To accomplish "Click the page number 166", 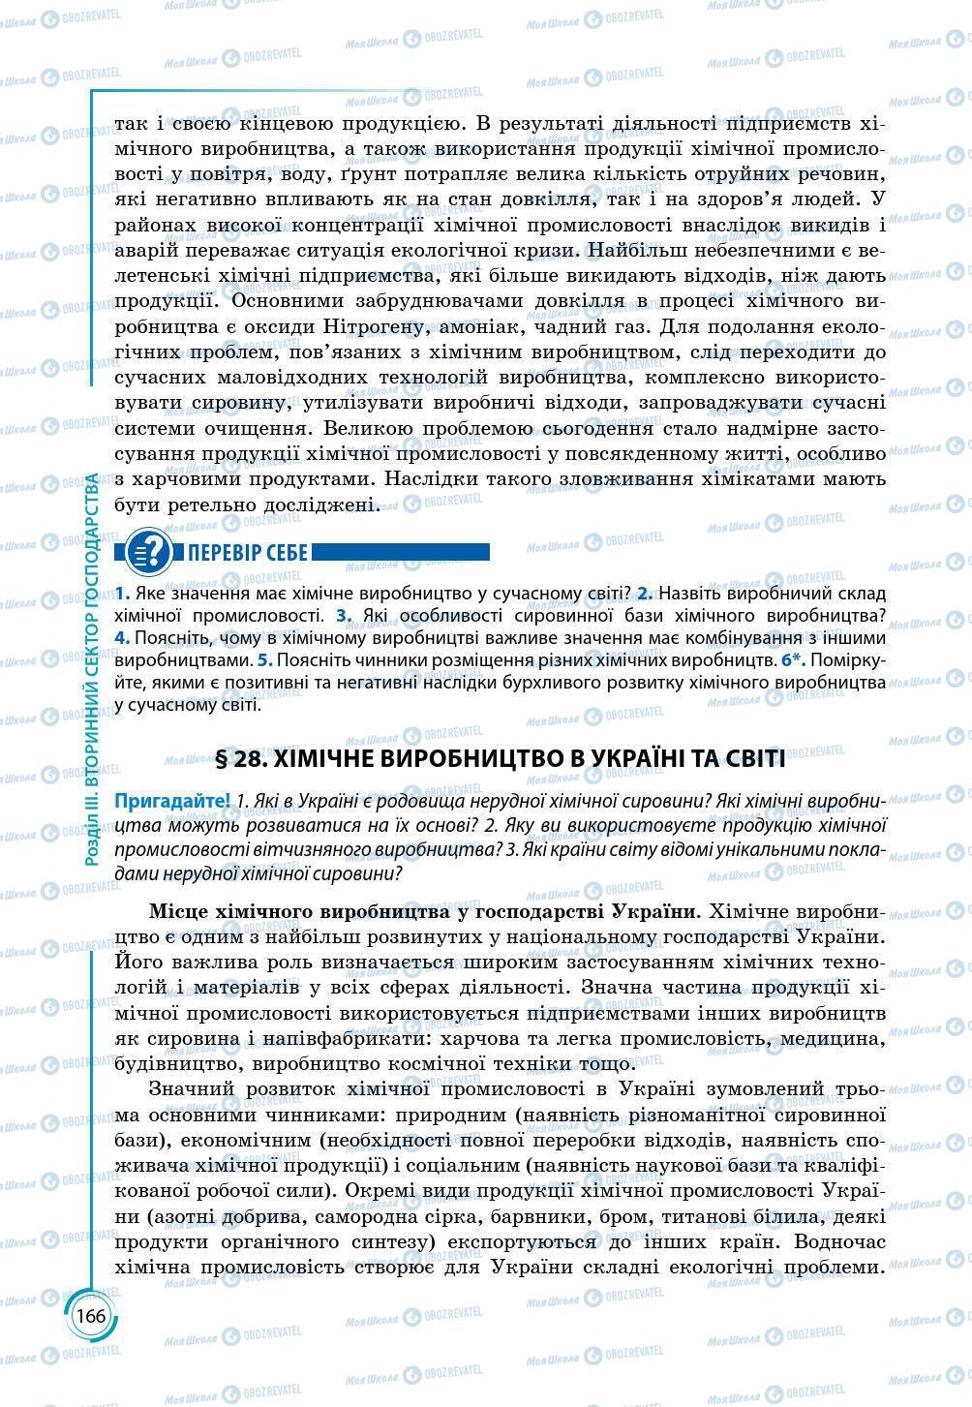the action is pos(91,1316).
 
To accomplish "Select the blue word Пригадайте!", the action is pos(171,802).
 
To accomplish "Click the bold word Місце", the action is pos(182,911).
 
